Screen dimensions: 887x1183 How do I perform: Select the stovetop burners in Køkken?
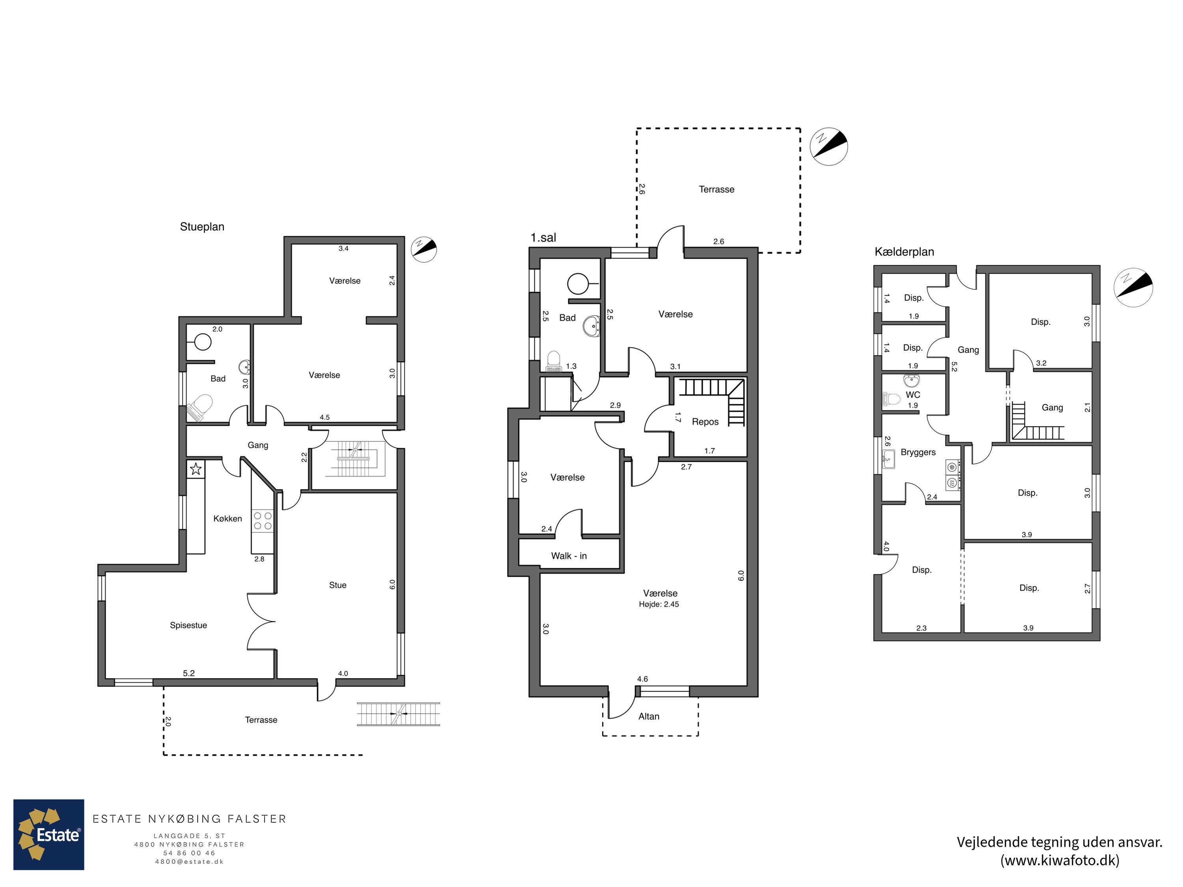point(263,521)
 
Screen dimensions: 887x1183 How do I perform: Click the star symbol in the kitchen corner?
point(196,470)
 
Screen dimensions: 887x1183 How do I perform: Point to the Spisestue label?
point(188,625)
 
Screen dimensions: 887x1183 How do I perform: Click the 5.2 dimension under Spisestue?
point(189,673)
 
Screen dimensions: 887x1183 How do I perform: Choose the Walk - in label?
point(569,556)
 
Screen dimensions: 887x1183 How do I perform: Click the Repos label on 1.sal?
point(705,422)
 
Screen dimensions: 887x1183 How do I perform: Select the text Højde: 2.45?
point(659,604)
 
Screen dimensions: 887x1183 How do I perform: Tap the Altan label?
point(648,716)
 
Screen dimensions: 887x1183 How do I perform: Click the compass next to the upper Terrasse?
point(829,147)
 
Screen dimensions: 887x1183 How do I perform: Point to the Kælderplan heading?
point(904,252)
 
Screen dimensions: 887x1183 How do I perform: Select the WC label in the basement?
point(912,395)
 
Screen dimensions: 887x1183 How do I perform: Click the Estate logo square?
point(49,835)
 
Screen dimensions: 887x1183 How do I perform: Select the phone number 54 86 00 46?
point(189,853)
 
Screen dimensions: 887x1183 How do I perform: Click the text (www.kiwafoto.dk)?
point(1060,860)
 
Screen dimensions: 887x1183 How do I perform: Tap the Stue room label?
point(338,585)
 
